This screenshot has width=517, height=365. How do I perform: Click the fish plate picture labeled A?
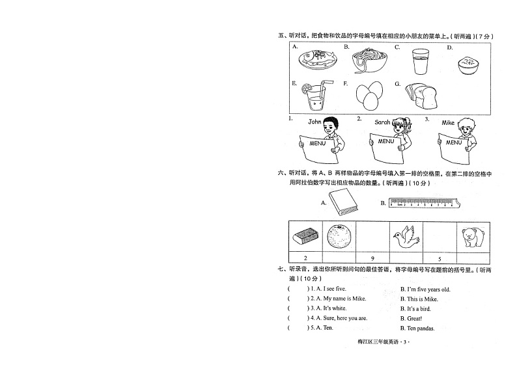(316, 61)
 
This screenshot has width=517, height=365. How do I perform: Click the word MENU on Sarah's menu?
(385, 141)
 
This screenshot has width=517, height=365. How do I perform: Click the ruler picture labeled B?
(424, 204)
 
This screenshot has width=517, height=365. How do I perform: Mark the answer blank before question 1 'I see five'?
(298, 289)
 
